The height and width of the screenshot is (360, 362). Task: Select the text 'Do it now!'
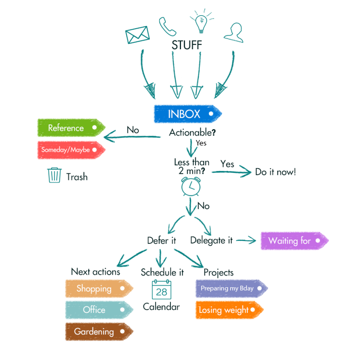pos(275,172)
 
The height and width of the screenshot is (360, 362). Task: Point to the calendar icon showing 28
pos(161,290)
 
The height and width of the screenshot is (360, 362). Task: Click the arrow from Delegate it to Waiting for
pos(247,241)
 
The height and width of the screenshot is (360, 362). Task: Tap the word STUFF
pos(186,45)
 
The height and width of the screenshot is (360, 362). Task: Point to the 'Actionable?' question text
pos(192,132)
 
